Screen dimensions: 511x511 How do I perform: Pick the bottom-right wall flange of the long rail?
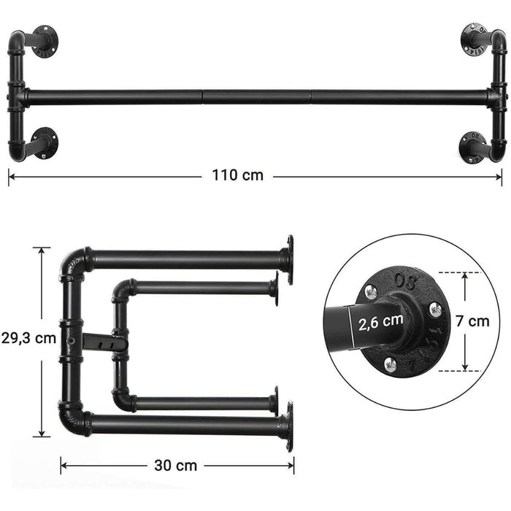pyautogui.click(x=472, y=145)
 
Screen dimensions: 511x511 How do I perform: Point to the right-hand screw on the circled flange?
pyautogui.click(x=435, y=310)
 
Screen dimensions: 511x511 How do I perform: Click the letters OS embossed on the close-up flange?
pyautogui.click(x=403, y=279)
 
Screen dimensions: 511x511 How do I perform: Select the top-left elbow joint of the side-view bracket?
pyautogui.click(x=72, y=263)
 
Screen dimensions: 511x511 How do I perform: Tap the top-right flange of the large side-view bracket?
pyautogui.click(x=289, y=259)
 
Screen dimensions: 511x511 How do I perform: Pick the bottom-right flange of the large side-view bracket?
pyautogui.click(x=289, y=426)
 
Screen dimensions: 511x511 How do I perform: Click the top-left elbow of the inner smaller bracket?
pyautogui.click(x=121, y=290)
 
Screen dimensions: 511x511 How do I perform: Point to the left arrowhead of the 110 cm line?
pyautogui.click(x=11, y=176)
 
